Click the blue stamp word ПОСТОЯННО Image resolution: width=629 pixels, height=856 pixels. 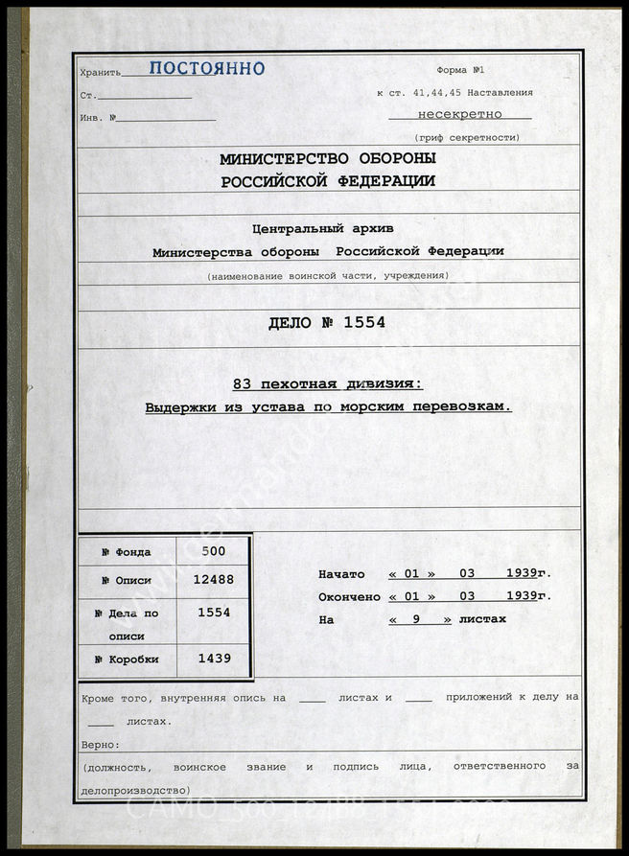206,69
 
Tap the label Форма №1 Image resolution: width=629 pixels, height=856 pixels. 465,71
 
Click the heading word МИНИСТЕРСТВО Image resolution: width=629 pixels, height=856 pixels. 291,159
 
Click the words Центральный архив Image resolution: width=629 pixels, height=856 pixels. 322,228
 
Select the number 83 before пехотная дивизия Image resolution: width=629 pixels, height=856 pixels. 243,384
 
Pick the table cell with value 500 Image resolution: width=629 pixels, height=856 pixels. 214,551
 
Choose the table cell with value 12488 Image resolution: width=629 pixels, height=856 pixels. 214,579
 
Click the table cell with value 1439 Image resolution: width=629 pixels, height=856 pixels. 214,659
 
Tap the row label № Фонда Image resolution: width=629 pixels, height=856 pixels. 127,552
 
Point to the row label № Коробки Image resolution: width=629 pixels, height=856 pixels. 127,659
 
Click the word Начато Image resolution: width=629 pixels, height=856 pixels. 341,574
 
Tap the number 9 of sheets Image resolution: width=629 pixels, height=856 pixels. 417,619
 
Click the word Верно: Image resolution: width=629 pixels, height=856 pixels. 100,744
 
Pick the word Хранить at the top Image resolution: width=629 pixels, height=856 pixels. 101,72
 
